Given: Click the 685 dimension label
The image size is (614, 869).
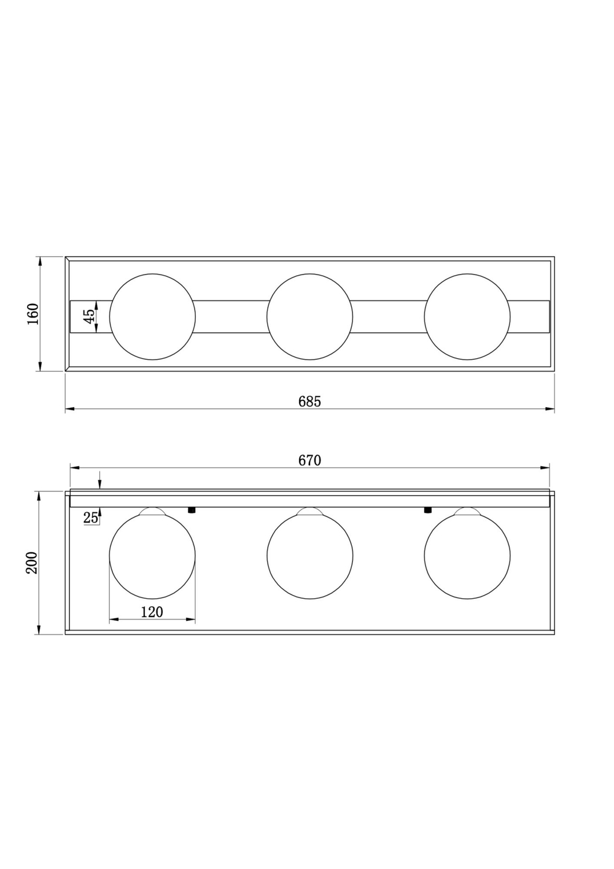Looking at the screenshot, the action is pyautogui.click(x=309, y=402).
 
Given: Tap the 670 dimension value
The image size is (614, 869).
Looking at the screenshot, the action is pyautogui.click(x=309, y=460).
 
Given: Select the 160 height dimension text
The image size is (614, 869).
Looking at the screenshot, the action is pyautogui.click(x=33, y=314).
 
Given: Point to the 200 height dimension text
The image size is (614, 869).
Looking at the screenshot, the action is pyautogui.click(x=32, y=563).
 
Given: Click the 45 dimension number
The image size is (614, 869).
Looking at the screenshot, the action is pyautogui.click(x=89, y=316).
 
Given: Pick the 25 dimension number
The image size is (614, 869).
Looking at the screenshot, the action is pyautogui.click(x=90, y=518).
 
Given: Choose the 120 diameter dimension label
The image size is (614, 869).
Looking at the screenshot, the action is pyautogui.click(x=152, y=612).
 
